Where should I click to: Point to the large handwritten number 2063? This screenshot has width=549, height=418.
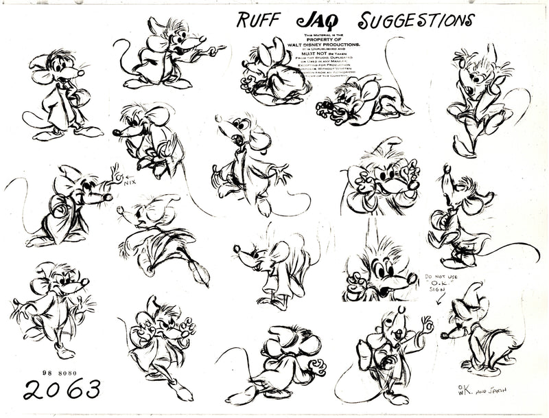pyautogui.click(x=61, y=389)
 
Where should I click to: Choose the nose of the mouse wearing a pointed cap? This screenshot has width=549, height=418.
pyautogui.click(x=444, y=336)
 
